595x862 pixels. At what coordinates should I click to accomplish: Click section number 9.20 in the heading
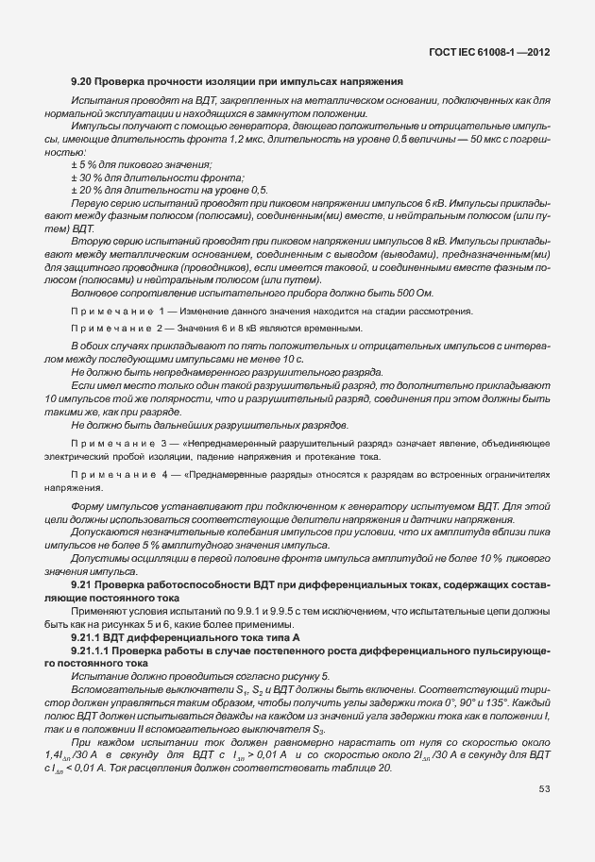click(81, 81)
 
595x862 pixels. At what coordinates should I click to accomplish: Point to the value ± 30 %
click(87, 177)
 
